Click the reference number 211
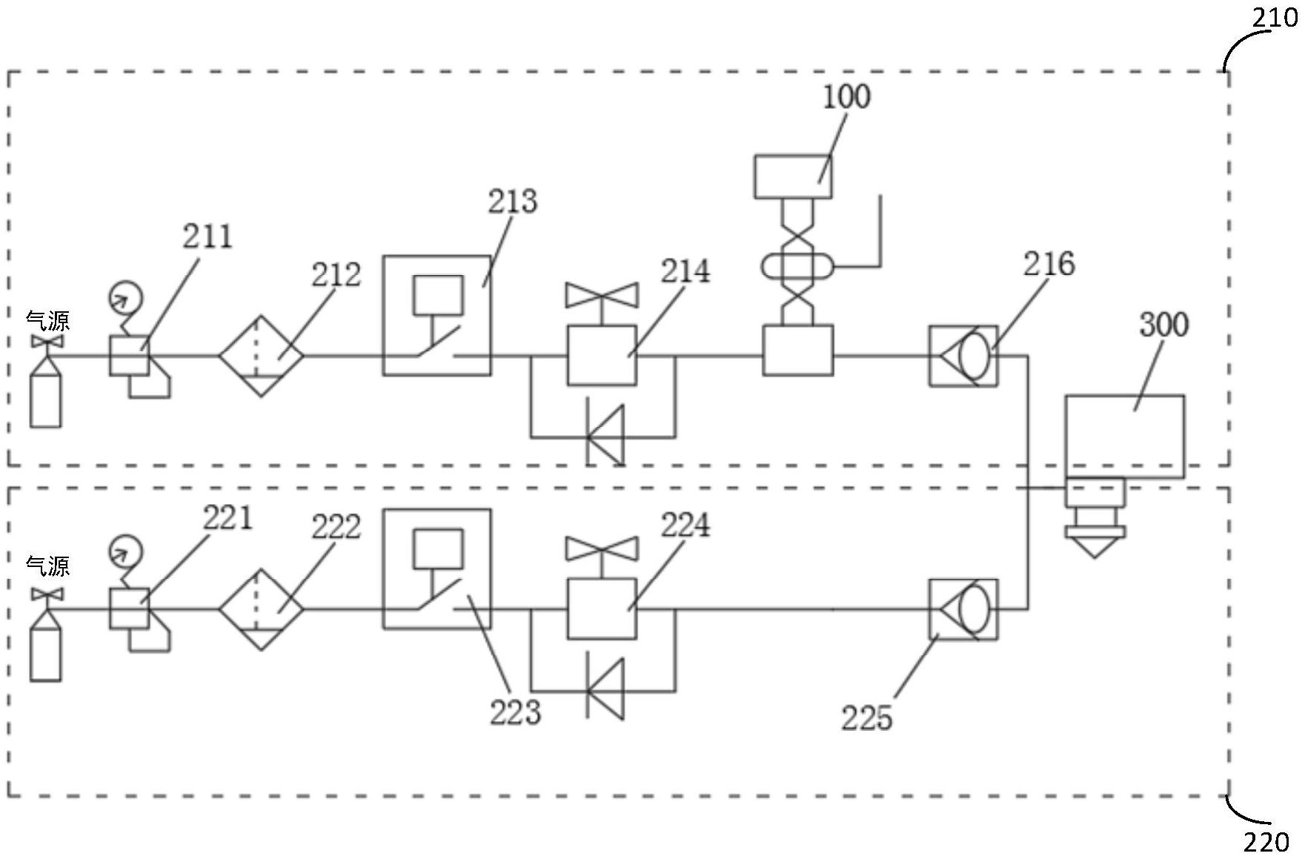[207, 236]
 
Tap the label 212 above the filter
[336, 275]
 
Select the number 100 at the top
[846, 96]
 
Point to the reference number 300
[1163, 325]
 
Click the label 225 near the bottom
[866, 717]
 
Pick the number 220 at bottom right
[1266, 843]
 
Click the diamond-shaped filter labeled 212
[261, 356]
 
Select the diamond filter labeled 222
[261, 610]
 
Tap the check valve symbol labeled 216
[963, 356]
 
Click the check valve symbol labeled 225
[963, 610]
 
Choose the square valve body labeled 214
[602, 356]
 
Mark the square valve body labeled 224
[602, 609]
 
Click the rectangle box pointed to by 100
[793, 176]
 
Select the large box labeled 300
[1124, 437]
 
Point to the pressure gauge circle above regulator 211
[124, 297]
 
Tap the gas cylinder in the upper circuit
[45, 391]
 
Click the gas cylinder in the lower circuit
[45, 644]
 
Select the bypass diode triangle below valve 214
[605, 436]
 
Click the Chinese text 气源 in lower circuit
[48, 566]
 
